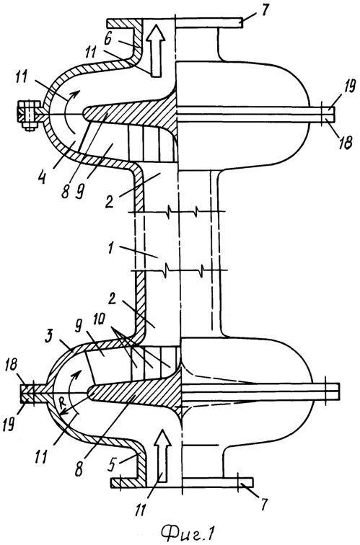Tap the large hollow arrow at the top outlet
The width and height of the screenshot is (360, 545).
click(x=156, y=51)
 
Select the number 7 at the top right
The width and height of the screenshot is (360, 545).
click(x=265, y=10)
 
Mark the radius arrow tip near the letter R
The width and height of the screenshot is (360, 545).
click(x=58, y=415)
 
